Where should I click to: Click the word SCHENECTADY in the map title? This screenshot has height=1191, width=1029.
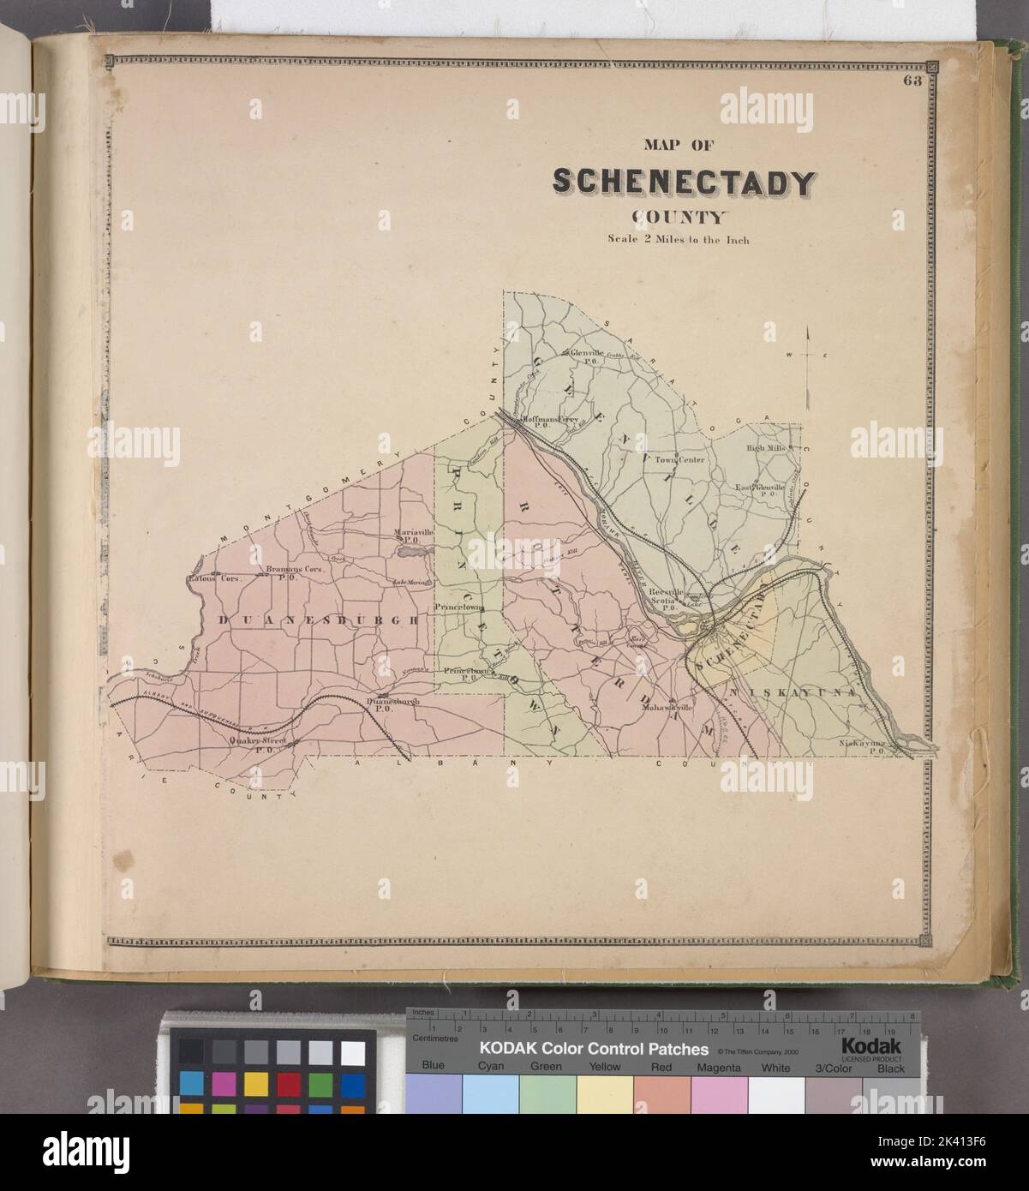point(684,182)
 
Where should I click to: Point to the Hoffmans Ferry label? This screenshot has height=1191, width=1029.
point(548,420)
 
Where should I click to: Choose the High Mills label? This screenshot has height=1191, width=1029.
point(765,447)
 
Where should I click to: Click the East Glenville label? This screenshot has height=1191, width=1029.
point(759,489)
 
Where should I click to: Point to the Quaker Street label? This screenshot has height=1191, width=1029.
point(256,742)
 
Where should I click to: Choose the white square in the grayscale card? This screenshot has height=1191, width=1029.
point(352,1052)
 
